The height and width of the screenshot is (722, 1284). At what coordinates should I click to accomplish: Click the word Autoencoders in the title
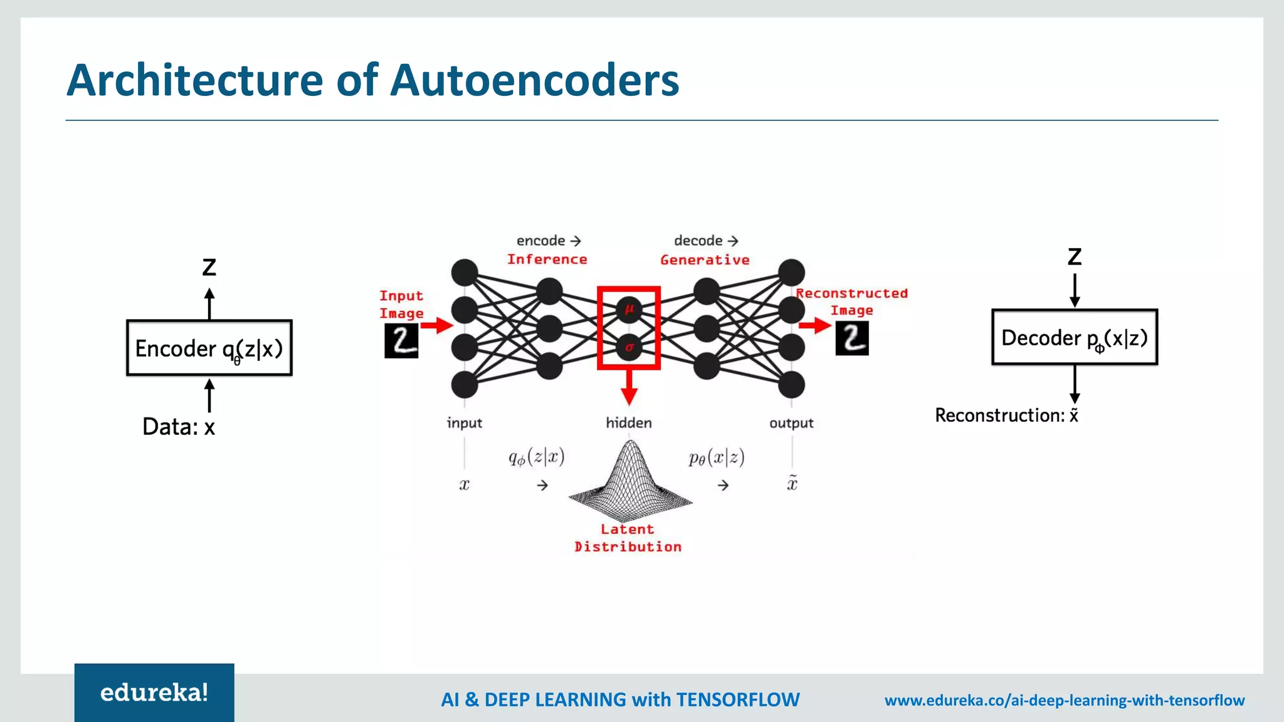coord(534,80)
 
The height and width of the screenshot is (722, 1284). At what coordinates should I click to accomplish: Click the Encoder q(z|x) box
coord(209,348)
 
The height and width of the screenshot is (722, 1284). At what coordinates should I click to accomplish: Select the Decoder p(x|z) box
coord(1074,337)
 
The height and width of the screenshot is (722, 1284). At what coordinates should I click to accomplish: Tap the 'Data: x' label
coord(179,427)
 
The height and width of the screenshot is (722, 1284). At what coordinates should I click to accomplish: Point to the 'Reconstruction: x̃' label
coord(1006,415)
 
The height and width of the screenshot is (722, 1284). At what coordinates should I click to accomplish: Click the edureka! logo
coord(154,693)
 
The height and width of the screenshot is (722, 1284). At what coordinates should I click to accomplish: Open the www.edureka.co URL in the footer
coord(1064,700)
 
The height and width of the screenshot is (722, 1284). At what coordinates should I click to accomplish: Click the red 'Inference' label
coord(547,259)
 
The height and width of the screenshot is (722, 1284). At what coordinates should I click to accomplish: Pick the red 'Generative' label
coord(705,260)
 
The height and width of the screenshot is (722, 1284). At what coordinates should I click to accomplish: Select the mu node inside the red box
coord(629,309)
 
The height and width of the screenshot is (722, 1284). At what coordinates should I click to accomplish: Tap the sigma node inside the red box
coord(629,347)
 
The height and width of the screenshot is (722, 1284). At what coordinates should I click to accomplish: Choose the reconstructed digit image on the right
coord(852,338)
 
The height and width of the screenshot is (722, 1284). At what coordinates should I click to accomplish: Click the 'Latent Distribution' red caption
coord(628,538)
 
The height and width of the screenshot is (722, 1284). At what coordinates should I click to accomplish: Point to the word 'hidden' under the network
coord(629,423)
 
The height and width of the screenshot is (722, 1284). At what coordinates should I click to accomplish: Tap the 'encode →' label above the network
coord(549,241)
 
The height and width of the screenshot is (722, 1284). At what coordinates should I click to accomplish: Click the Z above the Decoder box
coord(1075,257)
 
